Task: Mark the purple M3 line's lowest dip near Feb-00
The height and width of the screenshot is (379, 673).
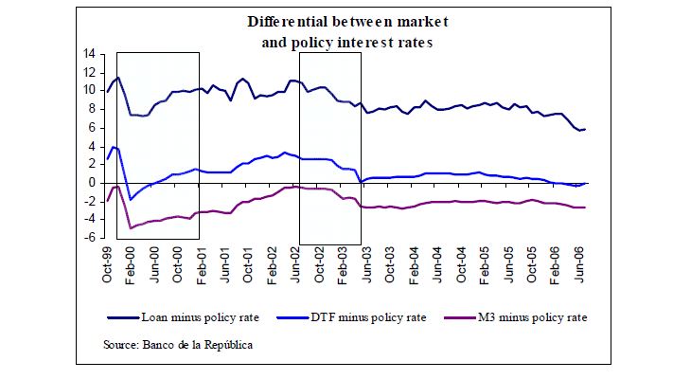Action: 132,228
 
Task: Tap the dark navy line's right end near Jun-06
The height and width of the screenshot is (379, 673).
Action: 585,129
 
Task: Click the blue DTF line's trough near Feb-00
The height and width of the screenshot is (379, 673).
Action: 131,199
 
